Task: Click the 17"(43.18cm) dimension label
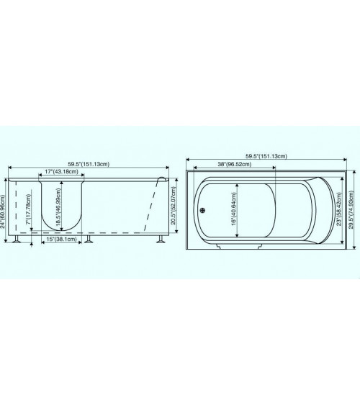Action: click(x=61, y=171)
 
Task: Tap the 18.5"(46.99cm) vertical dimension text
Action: click(x=58, y=206)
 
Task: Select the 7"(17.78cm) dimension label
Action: click(x=28, y=209)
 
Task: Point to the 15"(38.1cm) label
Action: click(x=61, y=239)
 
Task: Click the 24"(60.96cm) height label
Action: click(x=2, y=211)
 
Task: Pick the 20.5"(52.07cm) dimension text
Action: click(x=173, y=206)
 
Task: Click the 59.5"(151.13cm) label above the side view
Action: click(x=89, y=164)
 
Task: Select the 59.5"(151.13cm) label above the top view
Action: click(x=266, y=156)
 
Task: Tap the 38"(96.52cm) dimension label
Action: click(x=235, y=164)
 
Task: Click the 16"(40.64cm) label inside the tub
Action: click(x=233, y=209)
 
